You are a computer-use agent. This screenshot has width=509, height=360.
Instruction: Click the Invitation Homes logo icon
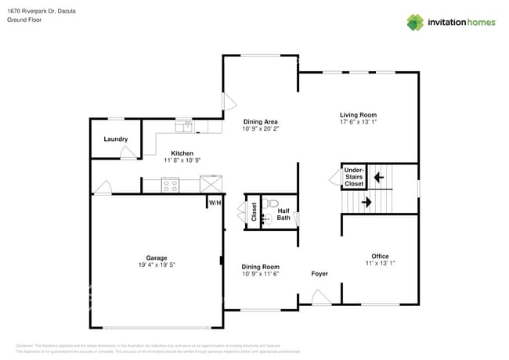pyautogui.click(x=415, y=22)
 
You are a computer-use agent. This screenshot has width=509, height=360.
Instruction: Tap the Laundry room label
pyautogui.click(x=117, y=139)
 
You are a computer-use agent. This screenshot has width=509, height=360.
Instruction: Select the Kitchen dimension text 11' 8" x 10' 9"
pyautogui.click(x=182, y=160)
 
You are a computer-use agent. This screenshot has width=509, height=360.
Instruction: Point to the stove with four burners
pyautogui.click(x=171, y=185)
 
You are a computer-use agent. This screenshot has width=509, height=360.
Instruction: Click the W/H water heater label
pyautogui.click(x=214, y=203)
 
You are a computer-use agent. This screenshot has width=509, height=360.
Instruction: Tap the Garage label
pyautogui.click(x=156, y=257)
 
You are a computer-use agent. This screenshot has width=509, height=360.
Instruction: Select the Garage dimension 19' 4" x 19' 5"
pyautogui.click(x=156, y=265)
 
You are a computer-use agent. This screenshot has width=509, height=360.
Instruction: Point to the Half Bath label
pyautogui.click(x=283, y=213)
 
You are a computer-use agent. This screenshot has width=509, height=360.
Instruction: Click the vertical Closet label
pyautogui.click(x=254, y=212)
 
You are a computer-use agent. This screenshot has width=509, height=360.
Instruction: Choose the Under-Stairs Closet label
pyautogui.click(x=354, y=176)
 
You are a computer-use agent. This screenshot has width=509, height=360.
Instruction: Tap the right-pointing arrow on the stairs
pyautogui.click(x=366, y=203)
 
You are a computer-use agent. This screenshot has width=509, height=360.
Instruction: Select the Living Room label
pyautogui.click(x=358, y=114)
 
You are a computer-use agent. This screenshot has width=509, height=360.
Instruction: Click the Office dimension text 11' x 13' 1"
pyautogui.click(x=380, y=264)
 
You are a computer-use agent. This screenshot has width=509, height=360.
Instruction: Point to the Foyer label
pyautogui.click(x=319, y=274)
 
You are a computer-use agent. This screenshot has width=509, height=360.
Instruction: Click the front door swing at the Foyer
pyautogui.click(x=319, y=297)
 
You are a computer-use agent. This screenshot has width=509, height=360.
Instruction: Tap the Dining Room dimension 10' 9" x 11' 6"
pyautogui.click(x=260, y=274)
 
